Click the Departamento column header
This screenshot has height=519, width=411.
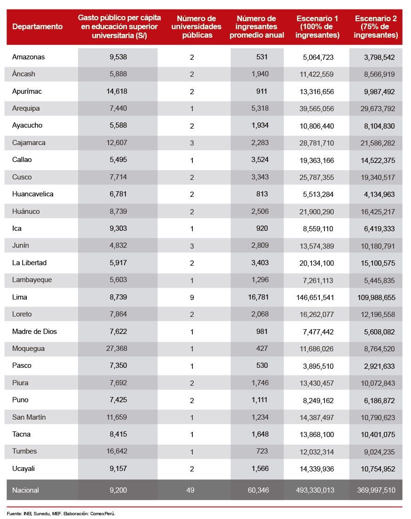37,27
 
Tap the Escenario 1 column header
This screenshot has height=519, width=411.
318,27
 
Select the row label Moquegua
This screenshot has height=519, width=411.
29,349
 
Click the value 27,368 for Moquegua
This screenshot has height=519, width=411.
117,349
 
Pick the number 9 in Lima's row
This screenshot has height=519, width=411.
192,297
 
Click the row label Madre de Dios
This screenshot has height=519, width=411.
34,332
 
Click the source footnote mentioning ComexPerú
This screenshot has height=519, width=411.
61,513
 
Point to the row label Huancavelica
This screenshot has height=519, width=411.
33,194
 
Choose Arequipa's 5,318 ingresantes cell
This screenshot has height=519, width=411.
260,108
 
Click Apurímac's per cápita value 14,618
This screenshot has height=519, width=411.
117,91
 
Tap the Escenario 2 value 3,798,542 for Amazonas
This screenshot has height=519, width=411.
379,57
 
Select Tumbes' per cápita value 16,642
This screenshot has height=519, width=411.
117,451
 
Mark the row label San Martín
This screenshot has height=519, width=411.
29,417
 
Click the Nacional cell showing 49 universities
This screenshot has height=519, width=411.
190,490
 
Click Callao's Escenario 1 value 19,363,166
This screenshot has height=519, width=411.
314,160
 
